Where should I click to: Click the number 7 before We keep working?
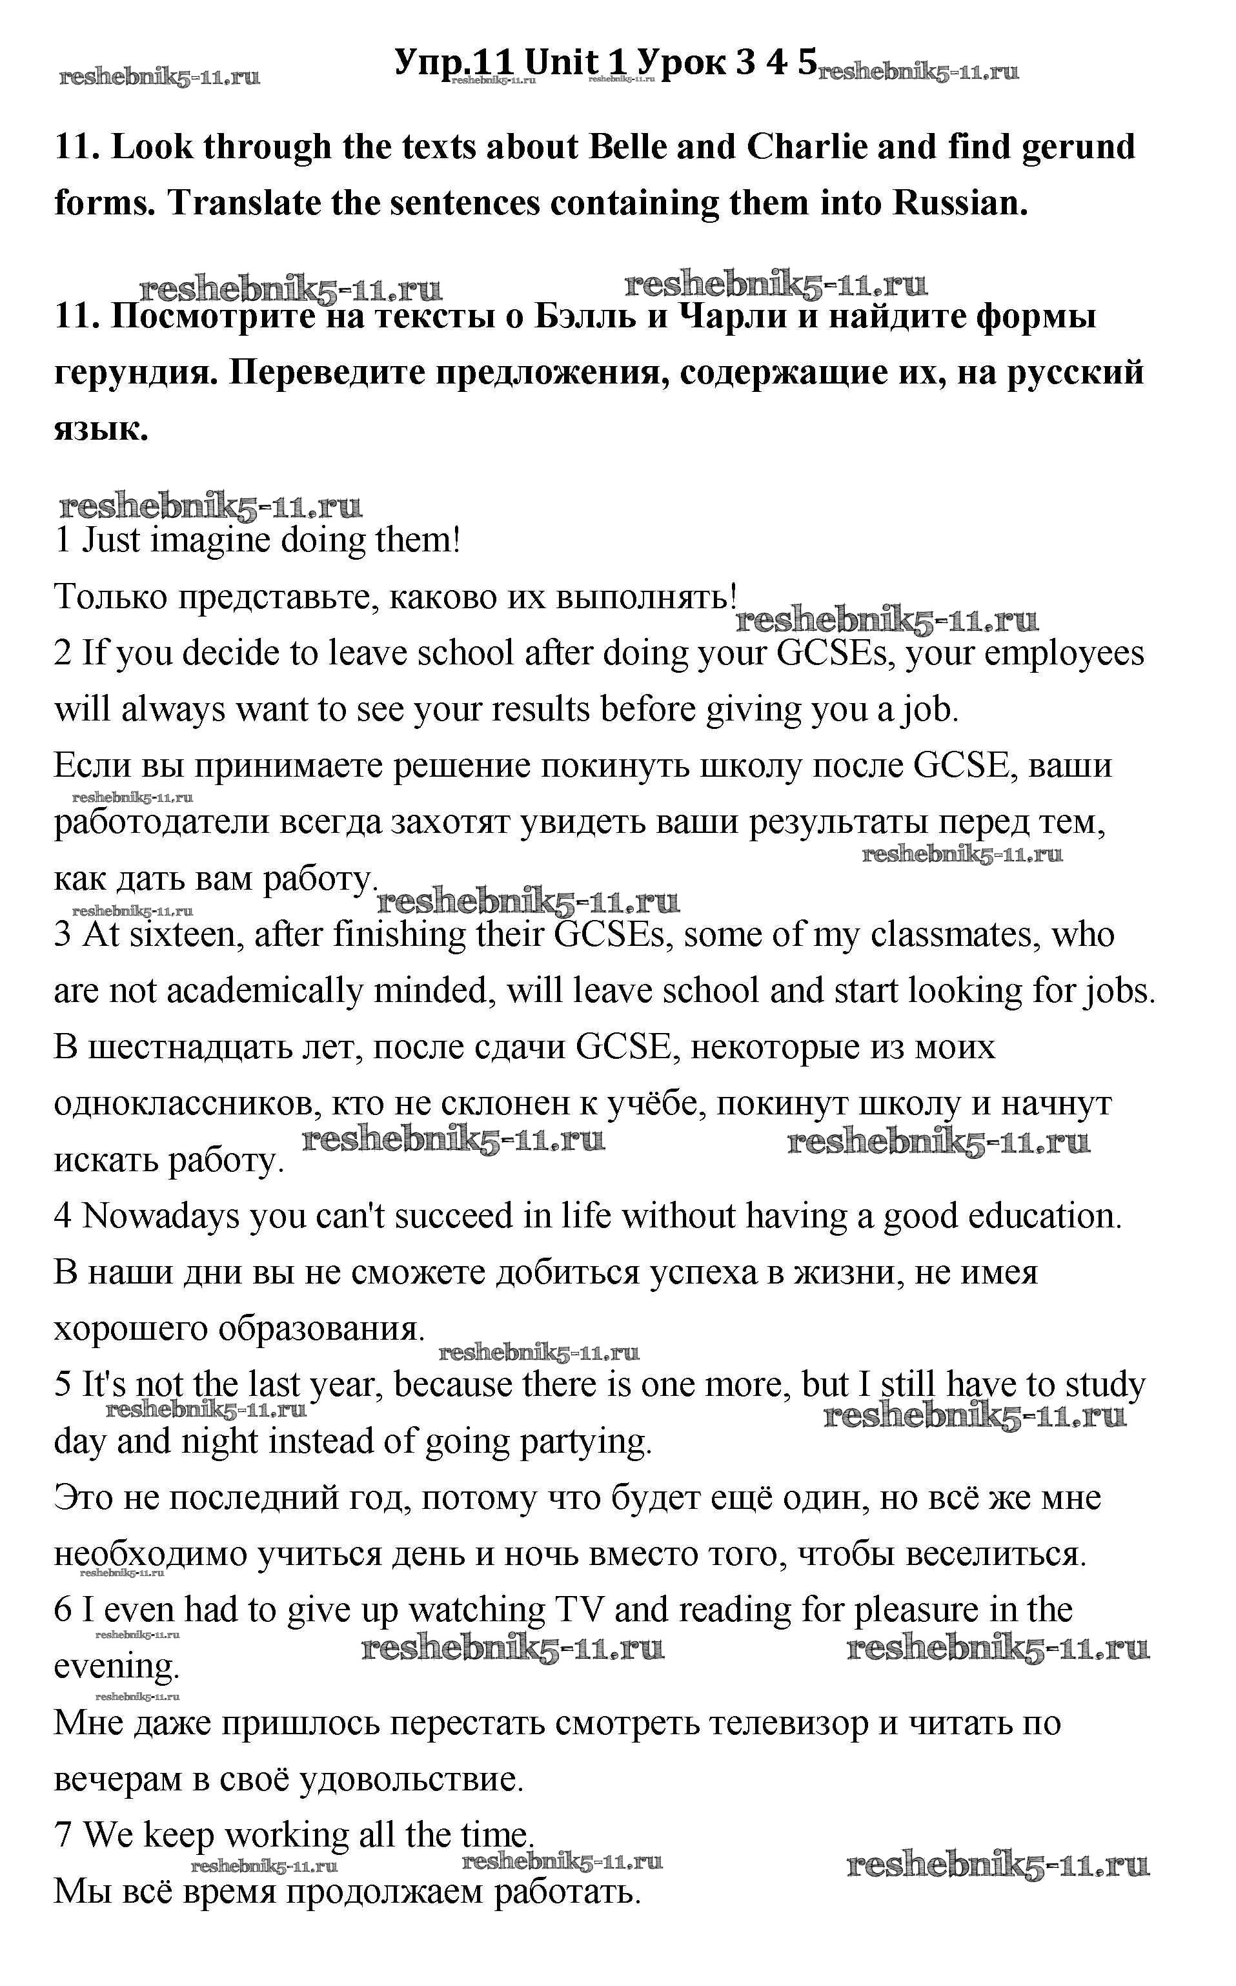pyautogui.click(x=63, y=1836)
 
